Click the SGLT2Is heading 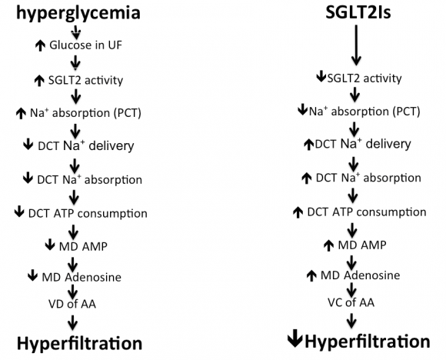[x=354, y=13]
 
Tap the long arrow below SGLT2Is [x=354, y=45]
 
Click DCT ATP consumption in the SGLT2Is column [x=367, y=211]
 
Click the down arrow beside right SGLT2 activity [x=321, y=78]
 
